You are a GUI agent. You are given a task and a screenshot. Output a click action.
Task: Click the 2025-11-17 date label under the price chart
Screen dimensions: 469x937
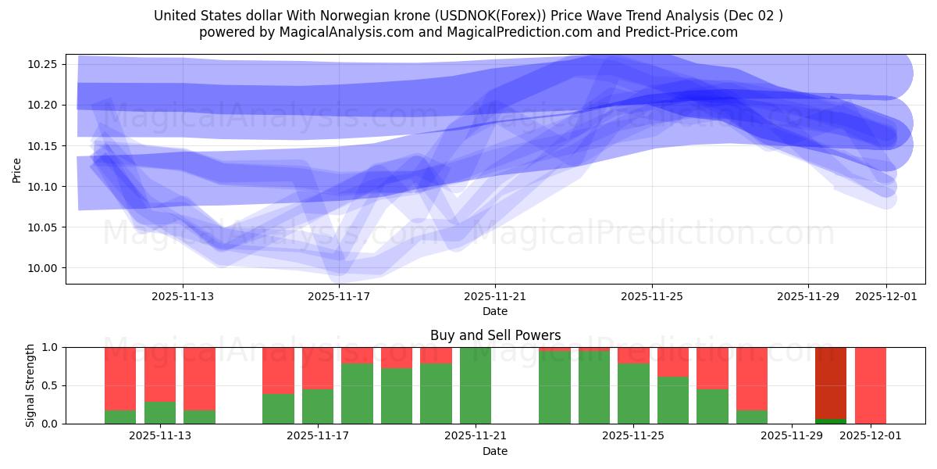click(x=339, y=296)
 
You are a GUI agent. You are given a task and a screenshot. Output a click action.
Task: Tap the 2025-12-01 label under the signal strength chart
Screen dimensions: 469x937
click(x=871, y=435)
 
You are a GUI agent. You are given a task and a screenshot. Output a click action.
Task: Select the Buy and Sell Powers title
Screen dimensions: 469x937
click(x=495, y=335)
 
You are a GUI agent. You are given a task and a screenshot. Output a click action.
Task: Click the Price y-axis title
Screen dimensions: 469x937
click(x=17, y=170)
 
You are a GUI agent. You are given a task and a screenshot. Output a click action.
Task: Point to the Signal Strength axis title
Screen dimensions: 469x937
click(x=30, y=385)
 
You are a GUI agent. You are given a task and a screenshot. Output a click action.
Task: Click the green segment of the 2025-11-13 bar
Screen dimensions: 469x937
click(x=160, y=413)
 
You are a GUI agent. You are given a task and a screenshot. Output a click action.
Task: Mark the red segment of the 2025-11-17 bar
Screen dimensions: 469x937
click(x=318, y=367)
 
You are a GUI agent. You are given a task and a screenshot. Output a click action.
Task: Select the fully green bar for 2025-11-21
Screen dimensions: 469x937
click(x=476, y=385)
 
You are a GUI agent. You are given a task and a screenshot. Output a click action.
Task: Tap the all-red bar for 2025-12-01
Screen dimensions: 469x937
click(x=871, y=385)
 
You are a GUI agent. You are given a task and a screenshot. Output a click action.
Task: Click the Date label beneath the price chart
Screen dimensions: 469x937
click(x=495, y=311)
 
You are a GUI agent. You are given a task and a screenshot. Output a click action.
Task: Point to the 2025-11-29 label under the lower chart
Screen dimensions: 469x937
click(x=792, y=435)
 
